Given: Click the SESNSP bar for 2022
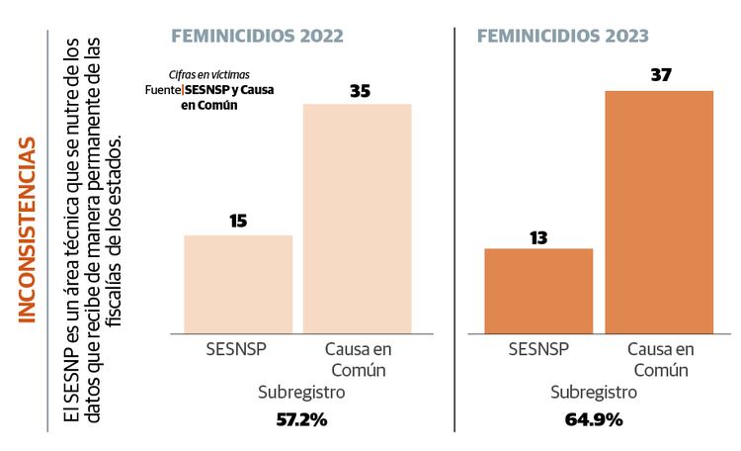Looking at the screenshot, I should [238, 285].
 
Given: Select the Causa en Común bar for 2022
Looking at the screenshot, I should [358, 219].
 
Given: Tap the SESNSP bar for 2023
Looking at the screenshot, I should [538, 291].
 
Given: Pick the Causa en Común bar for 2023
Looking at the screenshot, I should [659, 212].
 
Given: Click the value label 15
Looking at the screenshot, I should [238, 221].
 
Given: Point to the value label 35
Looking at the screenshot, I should [360, 90].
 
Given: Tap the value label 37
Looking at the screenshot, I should [661, 75].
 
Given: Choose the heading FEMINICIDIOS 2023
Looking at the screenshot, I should [562, 36].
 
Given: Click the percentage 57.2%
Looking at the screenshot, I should [300, 419].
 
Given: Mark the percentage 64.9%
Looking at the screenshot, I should [594, 419].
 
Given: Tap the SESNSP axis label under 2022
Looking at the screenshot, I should [238, 350].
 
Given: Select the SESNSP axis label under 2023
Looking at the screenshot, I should [538, 350].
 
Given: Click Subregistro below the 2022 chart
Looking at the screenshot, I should [300, 393].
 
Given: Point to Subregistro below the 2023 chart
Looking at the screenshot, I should [594, 393].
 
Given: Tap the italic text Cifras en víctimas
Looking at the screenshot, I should [207, 74].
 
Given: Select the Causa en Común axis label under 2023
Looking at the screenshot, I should [659, 360].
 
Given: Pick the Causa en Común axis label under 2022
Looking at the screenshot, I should [358, 360].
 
